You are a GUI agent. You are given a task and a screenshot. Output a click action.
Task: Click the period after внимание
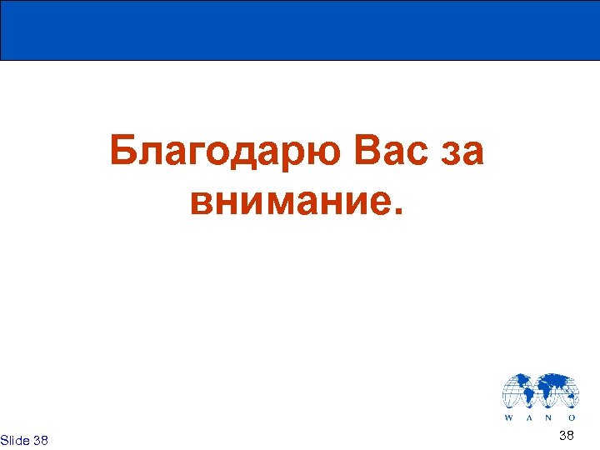coord(397,212)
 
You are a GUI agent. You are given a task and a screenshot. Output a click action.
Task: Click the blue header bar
coord(300,30)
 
